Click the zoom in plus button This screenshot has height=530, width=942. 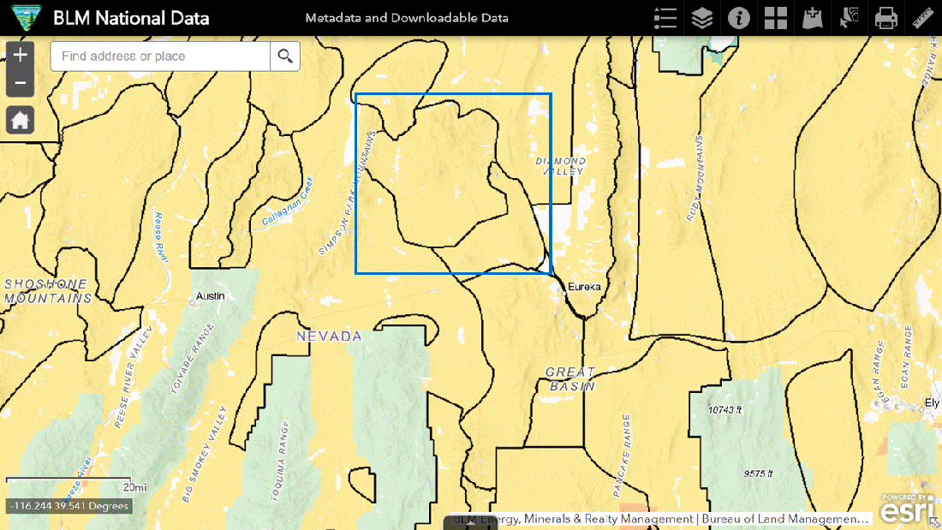click(21, 56)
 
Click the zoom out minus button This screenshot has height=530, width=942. click(21, 83)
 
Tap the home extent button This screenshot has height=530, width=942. click(21, 120)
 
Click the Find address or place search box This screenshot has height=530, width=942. click(161, 57)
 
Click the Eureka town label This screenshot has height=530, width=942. click(584, 287)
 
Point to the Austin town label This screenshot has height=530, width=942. click(210, 295)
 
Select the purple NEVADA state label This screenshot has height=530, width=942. click(329, 336)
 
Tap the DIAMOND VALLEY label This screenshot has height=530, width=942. click(561, 166)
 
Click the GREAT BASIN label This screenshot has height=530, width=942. click(570, 378)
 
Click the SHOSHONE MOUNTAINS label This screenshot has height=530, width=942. click(47, 291)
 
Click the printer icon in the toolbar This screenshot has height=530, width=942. click(885, 17)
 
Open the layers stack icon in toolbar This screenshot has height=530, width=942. click(702, 17)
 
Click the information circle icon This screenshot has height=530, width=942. click(739, 17)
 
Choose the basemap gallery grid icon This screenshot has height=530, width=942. click(776, 17)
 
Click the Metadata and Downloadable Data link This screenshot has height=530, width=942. click(407, 18)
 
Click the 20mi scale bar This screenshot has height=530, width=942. click(69, 482)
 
